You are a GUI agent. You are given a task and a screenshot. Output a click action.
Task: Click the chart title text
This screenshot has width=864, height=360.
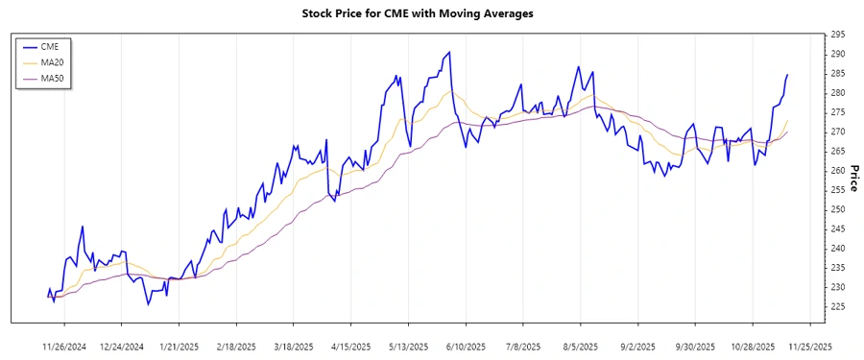[x=431, y=14]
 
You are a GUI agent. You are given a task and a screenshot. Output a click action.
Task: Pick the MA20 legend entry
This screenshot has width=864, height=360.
[x=52, y=62]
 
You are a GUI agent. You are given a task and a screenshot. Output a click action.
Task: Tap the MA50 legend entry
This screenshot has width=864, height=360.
[x=52, y=78]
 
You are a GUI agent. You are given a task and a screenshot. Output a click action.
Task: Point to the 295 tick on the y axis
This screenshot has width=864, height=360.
[x=838, y=35]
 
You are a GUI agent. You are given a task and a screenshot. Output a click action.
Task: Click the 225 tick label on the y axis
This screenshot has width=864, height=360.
[x=838, y=307]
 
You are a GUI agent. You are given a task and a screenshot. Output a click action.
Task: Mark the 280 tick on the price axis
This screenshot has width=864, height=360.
[x=838, y=93]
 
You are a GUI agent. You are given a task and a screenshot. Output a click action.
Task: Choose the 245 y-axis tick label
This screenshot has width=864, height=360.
[x=838, y=229]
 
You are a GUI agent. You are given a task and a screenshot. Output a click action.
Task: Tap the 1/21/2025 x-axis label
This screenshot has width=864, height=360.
[x=180, y=346]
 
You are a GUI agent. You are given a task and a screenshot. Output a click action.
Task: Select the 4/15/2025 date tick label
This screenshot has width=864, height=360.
[x=351, y=346]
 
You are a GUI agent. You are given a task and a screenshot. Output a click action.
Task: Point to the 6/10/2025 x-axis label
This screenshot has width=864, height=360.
[x=466, y=346]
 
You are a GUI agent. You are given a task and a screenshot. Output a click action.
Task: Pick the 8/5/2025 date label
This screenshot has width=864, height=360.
[x=580, y=346]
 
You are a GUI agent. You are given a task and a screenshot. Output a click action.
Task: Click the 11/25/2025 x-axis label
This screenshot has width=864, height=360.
[x=809, y=346]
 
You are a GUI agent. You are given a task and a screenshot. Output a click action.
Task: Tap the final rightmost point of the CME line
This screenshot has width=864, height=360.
[x=787, y=75]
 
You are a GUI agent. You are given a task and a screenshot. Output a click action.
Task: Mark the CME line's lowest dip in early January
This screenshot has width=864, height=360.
[x=148, y=304]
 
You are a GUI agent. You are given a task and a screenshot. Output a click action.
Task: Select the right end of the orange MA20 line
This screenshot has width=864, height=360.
[x=787, y=121]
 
